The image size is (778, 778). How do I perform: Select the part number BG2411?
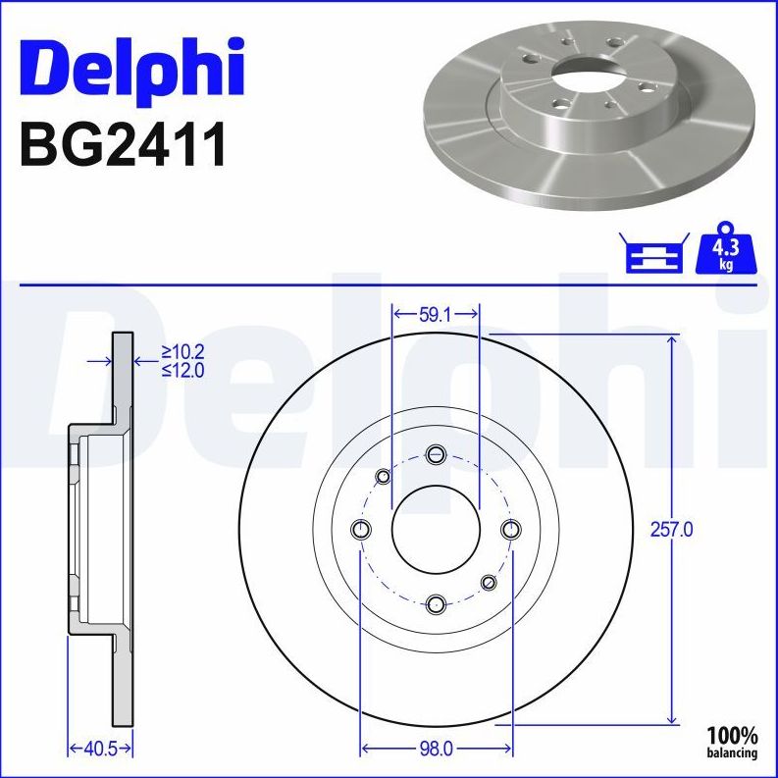[x=123, y=144]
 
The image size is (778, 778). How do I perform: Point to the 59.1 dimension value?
[x=435, y=315]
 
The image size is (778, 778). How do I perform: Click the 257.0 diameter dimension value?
[x=673, y=530]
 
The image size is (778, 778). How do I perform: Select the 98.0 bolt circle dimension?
[x=436, y=750]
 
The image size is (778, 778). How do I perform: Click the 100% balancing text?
[x=733, y=742]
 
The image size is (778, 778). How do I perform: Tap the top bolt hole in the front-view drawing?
[x=437, y=454]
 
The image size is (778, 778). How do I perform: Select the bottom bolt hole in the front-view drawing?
[x=437, y=603]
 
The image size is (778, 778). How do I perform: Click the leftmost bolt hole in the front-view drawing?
[x=361, y=530]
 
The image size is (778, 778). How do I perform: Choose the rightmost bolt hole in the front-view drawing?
[x=510, y=530]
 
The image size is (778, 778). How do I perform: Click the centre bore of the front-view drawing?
[x=436, y=530]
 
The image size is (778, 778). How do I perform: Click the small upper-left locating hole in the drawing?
[x=384, y=477]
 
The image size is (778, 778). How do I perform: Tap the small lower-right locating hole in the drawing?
[x=489, y=583]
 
